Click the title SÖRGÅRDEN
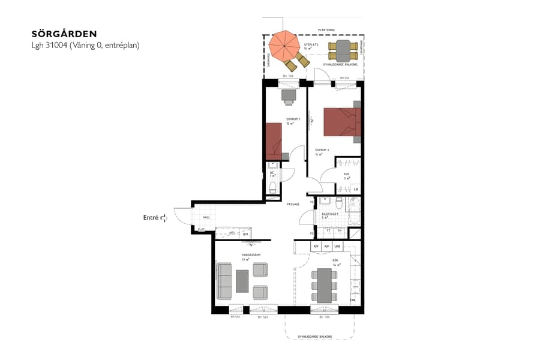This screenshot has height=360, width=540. [64, 34]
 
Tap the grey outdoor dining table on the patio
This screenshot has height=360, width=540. [344, 47]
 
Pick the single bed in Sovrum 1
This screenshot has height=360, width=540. [274, 141]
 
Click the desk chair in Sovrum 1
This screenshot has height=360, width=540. [289, 94]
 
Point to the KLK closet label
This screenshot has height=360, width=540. [346, 175]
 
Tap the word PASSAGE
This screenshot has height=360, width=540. [293, 204]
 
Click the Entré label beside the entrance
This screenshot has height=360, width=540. [151, 218]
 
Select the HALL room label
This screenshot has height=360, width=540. [206, 217]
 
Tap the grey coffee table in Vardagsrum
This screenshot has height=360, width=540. [242, 281]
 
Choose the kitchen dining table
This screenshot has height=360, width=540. [323, 285]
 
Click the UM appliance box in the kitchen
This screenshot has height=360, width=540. [338, 247]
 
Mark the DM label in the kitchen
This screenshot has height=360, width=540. [353, 300]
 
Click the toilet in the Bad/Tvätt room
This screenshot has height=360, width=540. [339, 201]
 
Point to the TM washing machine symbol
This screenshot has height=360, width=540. [340, 230]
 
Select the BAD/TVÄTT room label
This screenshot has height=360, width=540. [329, 214]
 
